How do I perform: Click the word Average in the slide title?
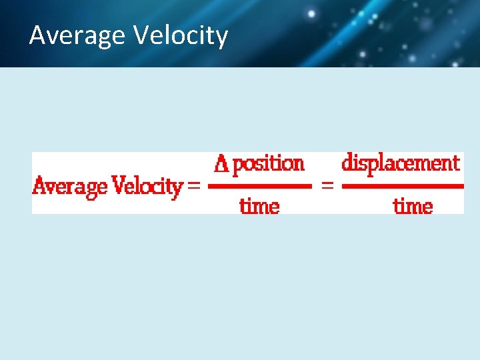[x=77, y=35]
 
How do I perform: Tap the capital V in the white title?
[x=141, y=35]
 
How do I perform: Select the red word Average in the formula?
[x=70, y=185]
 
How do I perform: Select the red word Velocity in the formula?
[x=147, y=185]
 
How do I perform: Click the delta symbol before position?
[x=221, y=164]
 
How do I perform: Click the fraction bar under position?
[x=259, y=187]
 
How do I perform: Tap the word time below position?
[x=259, y=206]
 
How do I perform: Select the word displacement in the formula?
[x=401, y=163]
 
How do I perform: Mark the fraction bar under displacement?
[x=402, y=187]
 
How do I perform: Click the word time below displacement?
[x=413, y=206]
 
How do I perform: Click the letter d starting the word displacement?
[x=347, y=163]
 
